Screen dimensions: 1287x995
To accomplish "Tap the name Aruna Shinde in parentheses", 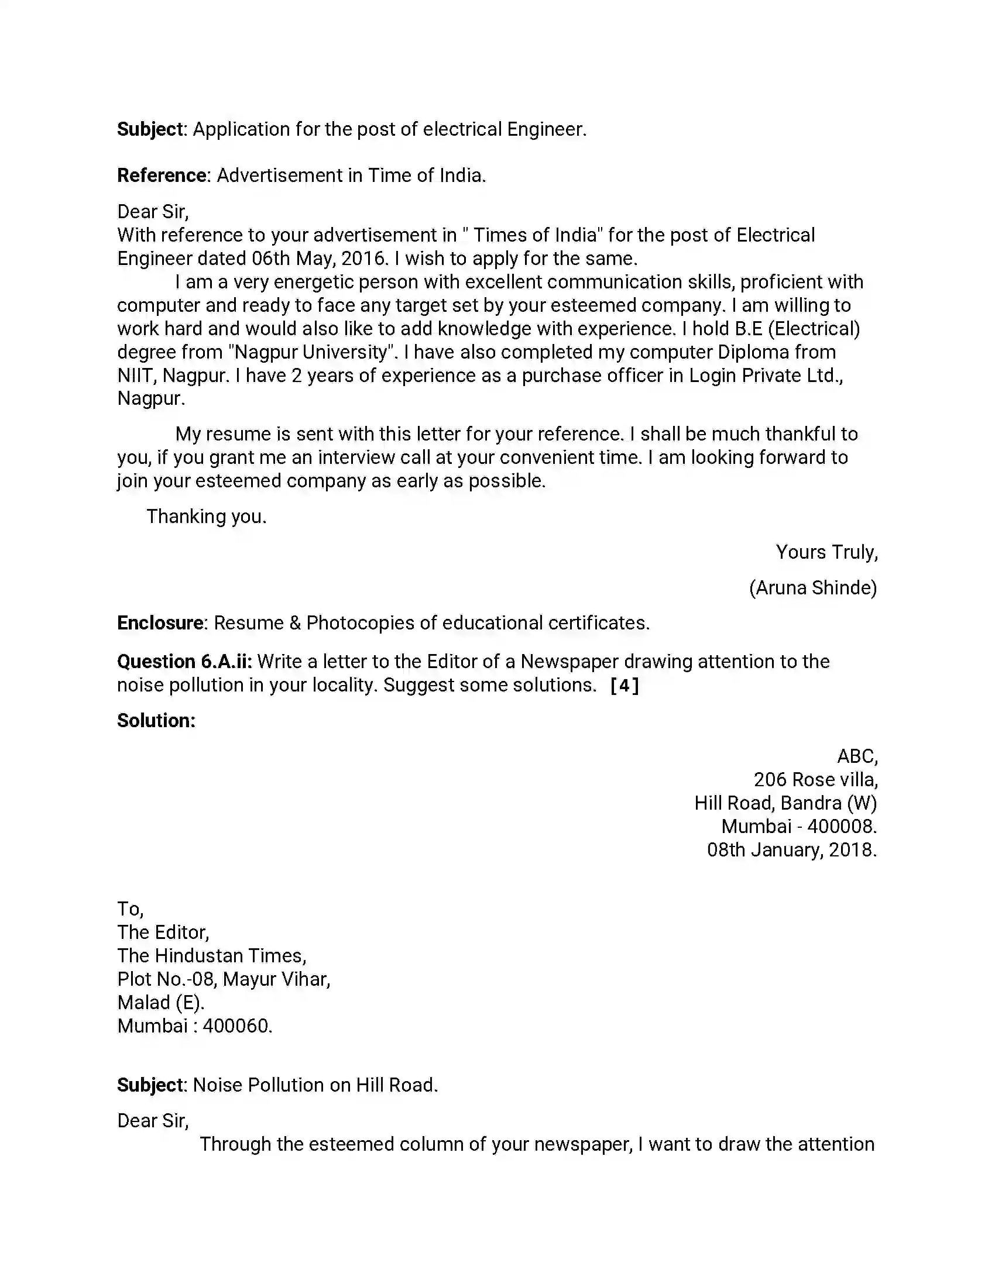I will (813, 587).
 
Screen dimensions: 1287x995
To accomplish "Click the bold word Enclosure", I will (160, 623).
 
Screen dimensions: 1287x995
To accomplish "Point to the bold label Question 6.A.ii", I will (184, 662).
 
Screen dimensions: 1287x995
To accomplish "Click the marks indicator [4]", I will (625, 686).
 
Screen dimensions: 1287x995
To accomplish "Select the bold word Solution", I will (156, 721).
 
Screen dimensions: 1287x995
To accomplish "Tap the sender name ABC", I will (856, 756).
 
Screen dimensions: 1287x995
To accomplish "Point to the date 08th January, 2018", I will (792, 851).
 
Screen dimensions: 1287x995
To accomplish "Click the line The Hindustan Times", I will (212, 956).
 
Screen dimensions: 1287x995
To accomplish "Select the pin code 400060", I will (237, 1026).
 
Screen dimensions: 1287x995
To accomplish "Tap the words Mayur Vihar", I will (276, 979).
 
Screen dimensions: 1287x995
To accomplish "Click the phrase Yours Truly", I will (826, 552).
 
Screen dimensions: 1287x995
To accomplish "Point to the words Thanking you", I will (206, 517).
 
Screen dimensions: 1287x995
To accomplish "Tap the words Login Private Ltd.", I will (765, 376).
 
